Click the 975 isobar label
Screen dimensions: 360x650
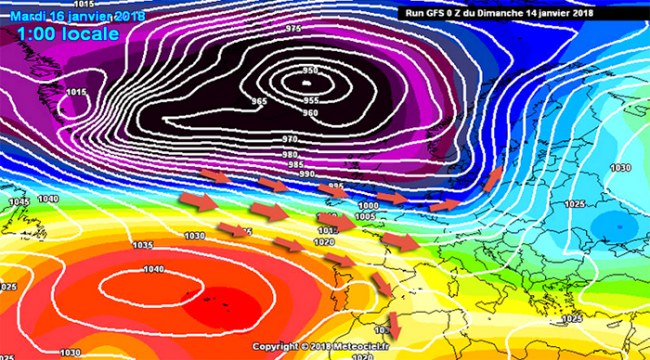pyautogui.click(x=293, y=29)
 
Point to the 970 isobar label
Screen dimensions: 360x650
pyautogui.click(x=290, y=138)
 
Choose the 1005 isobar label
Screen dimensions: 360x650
pyautogui.click(x=365, y=216)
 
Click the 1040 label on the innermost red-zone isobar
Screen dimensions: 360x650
pyautogui.click(x=153, y=269)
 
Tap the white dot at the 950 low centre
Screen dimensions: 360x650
pyautogui.click(x=307, y=85)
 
